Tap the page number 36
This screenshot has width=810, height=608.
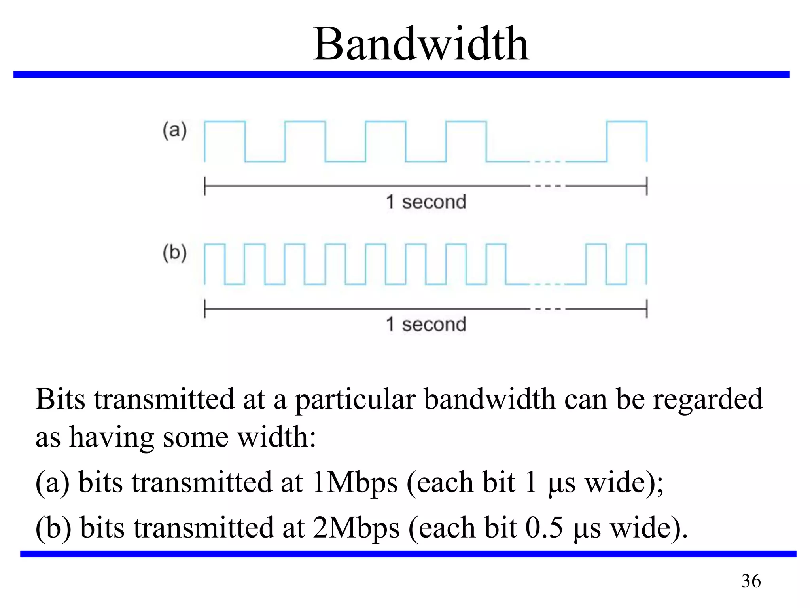(x=751, y=581)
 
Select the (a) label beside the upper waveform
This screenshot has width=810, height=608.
(x=174, y=130)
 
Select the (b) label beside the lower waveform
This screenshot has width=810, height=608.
(x=174, y=253)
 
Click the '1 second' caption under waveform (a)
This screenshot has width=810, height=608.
(x=426, y=202)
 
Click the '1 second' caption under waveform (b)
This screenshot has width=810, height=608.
(x=426, y=324)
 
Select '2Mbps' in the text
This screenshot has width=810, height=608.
(x=356, y=528)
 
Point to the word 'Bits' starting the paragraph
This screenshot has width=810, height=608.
(x=60, y=399)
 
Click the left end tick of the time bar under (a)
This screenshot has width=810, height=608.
(x=204, y=186)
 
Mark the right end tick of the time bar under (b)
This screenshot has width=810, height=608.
(x=647, y=309)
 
